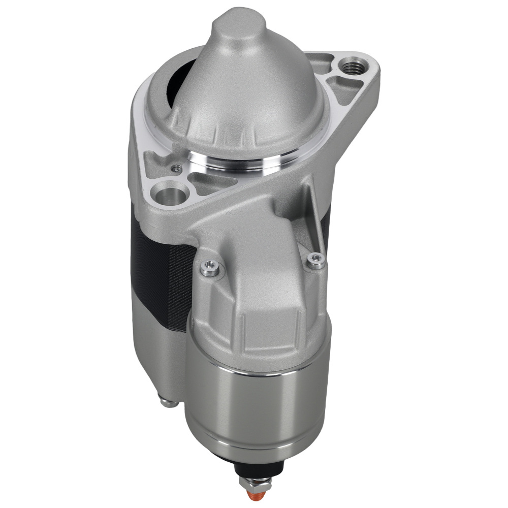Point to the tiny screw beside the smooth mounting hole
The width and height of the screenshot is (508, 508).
pyautogui.click(x=176, y=167)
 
